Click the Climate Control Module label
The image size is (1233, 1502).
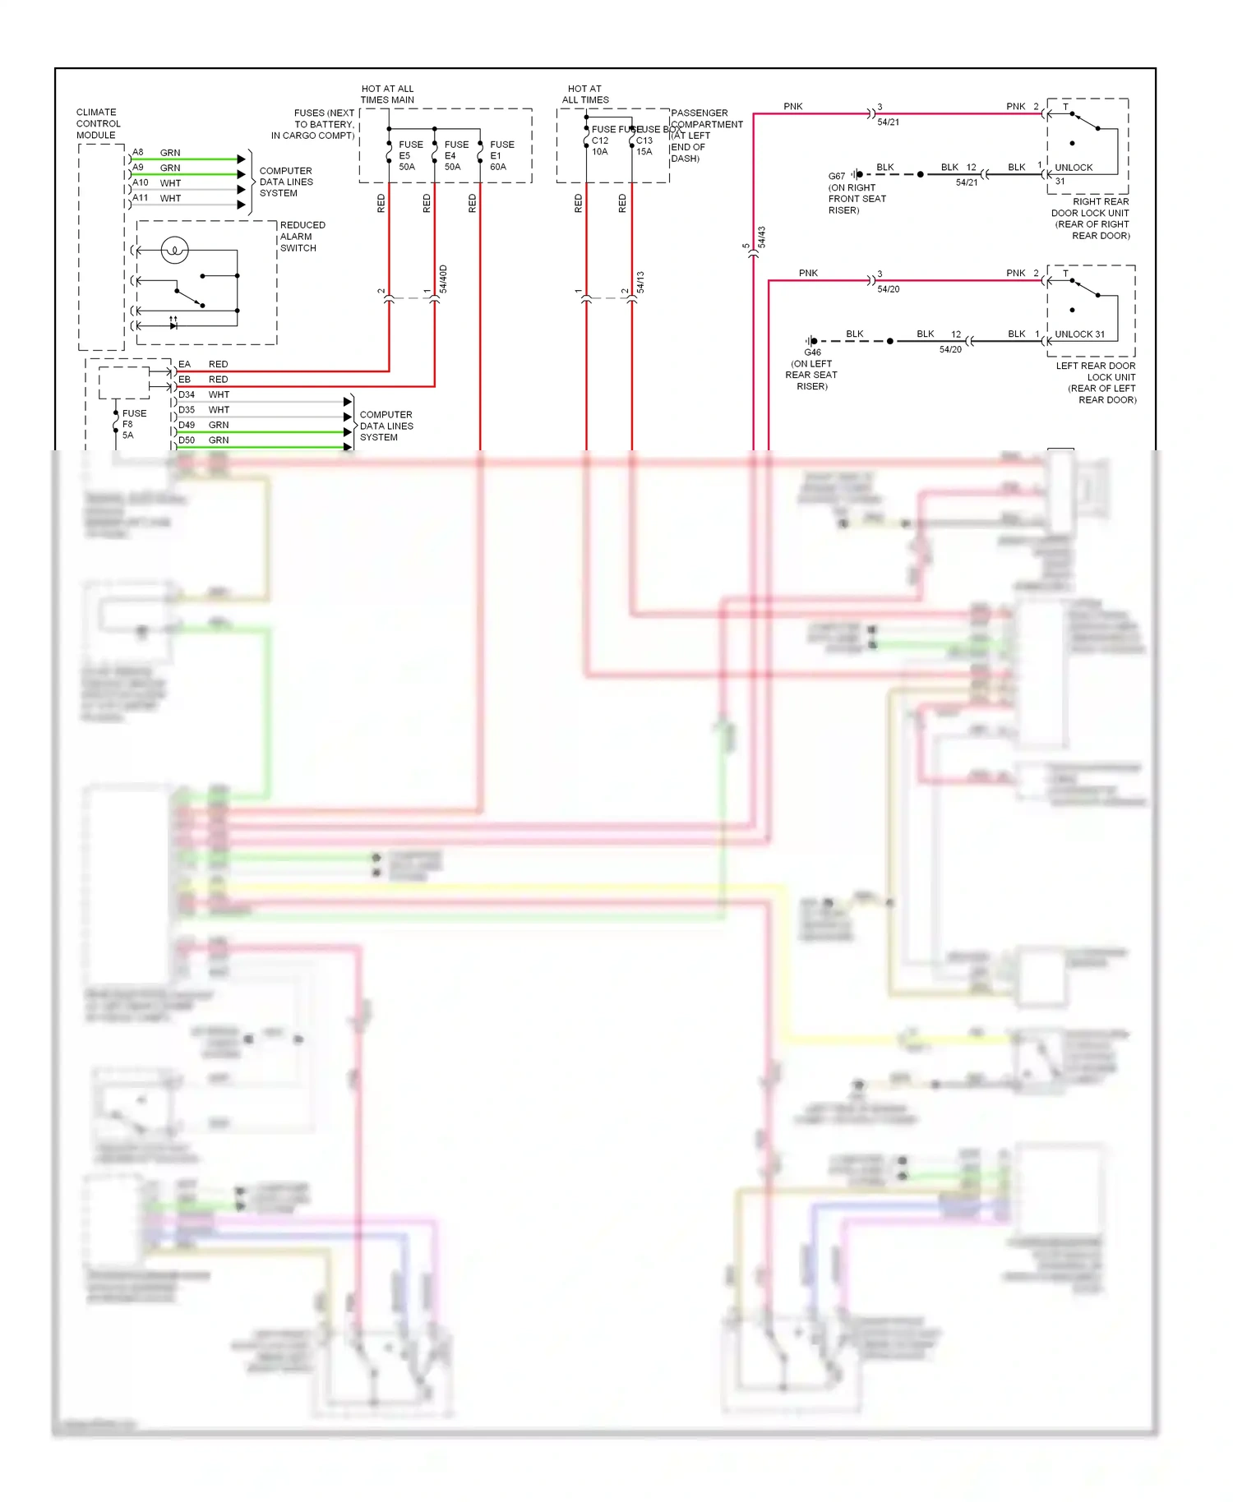pos(98,124)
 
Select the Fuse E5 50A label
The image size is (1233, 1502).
pos(409,155)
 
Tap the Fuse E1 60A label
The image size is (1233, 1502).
pos(501,155)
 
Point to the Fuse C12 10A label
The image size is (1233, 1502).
pos(600,145)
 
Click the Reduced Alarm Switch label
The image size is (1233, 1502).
pos(302,237)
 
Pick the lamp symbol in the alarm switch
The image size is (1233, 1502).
pos(174,250)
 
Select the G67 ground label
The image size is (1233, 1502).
pos(836,176)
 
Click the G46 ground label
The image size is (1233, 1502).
pos(812,352)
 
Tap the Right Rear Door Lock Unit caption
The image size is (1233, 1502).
pos(1092,219)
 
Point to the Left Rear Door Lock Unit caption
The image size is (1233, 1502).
pos(1097,383)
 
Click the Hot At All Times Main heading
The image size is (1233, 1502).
pos(387,94)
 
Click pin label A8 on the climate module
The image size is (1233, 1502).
pos(138,153)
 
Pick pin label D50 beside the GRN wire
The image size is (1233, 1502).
pos(187,440)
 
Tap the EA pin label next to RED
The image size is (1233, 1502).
pos(184,364)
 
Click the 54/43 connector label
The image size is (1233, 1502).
pos(761,237)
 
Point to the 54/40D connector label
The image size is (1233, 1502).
pos(443,279)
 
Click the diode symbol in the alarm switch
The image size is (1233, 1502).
pos(173,325)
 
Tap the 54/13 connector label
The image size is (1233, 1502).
pos(640,282)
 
